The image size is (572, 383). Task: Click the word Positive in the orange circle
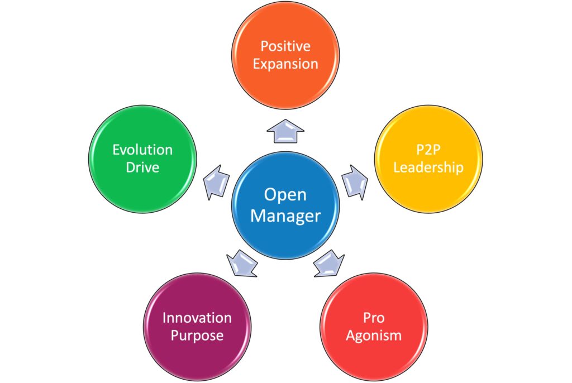pos(285,45)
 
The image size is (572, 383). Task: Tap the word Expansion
pos(285,64)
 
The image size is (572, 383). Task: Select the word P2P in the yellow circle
pos(428,149)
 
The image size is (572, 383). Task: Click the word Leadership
pos(428,167)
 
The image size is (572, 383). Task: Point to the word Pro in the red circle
pos(374,318)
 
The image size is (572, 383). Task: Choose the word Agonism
pos(374,336)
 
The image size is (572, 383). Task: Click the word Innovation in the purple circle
pos(197,318)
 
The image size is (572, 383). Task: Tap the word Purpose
pos(197,336)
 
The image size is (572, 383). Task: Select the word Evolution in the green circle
pos(142,150)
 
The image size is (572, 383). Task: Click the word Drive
pos(142,167)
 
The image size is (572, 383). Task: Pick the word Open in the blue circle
pos(285,194)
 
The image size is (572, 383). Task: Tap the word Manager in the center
pos(285,216)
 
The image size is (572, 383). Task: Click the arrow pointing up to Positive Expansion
pos(285,133)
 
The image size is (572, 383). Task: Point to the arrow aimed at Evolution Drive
pos(216,180)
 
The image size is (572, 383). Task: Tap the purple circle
pos(197,352)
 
